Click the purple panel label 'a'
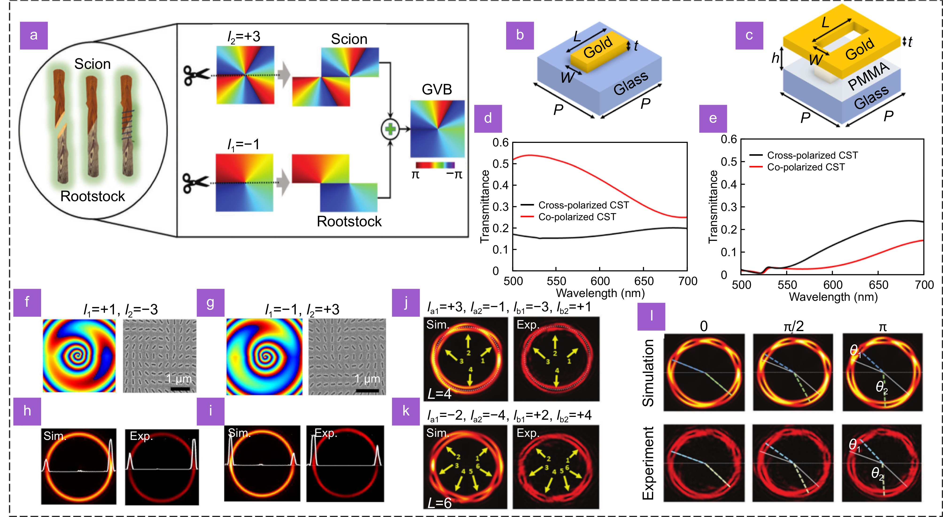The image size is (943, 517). [x=34, y=35]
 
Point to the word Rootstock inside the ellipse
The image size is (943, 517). [x=93, y=196]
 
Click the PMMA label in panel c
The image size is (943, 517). [x=868, y=76]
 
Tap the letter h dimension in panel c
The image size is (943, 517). [x=775, y=58]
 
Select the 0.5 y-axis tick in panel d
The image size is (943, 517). [x=501, y=164]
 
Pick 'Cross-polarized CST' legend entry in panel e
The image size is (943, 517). [x=812, y=155]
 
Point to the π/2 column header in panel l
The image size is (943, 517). [x=793, y=326]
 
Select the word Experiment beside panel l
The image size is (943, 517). [x=648, y=463]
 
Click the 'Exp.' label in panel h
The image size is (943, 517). [x=141, y=436]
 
